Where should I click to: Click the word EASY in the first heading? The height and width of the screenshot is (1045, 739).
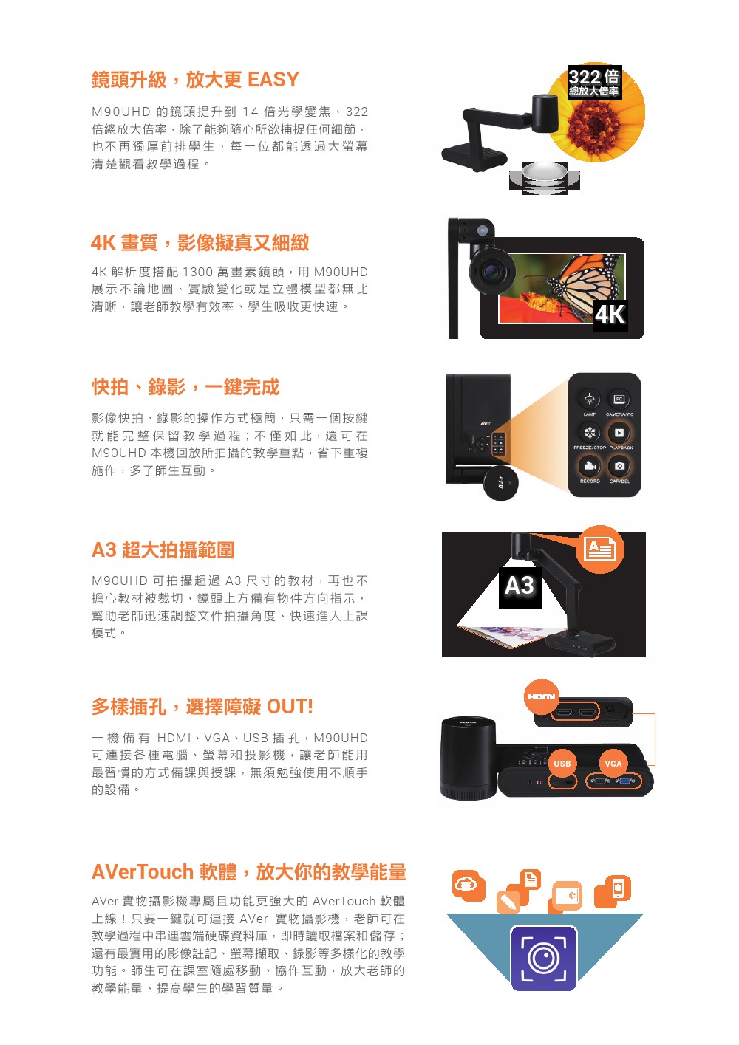pyautogui.click(x=273, y=79)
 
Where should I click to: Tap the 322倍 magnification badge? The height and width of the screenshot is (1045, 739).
pyautogui.click(x=593, y=82)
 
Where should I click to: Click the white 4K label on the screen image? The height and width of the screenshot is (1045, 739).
pyautogui.click(x=610, y=315)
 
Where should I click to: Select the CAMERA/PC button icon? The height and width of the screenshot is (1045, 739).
pyautogui.click(x=619, y=399)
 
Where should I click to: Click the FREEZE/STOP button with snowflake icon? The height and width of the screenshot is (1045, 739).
pyautogui.click(x=590, y=432)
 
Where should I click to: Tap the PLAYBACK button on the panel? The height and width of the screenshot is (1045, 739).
pyautogui.click(x=619, y=433)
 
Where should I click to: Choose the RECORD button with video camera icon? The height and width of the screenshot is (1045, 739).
pyautogui.click(x=590, y=465)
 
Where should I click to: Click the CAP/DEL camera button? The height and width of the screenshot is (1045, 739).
pyautogui.click(x=619, y=465)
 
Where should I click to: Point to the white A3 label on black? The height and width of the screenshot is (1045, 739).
pyautogui.click(x=520, y=586)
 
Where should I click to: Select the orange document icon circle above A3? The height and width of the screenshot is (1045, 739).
pyautogui.click(x=600, y=549)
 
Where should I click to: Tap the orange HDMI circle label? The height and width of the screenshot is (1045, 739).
pyautogui.click(x=541, y=696)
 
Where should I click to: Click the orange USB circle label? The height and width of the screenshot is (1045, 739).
pyautogui.click(x=562, y=763)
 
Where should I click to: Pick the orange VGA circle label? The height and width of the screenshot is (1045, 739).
pyautogui.click(x=613, y=763)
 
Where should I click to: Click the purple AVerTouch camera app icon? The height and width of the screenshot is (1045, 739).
pyautogui.click(x=543, y=959)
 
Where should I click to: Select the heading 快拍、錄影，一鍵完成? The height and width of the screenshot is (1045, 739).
pyautogui.click(x=185, y=387)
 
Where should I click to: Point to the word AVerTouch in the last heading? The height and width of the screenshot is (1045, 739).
pyautogui.click(x=143, y=871)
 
